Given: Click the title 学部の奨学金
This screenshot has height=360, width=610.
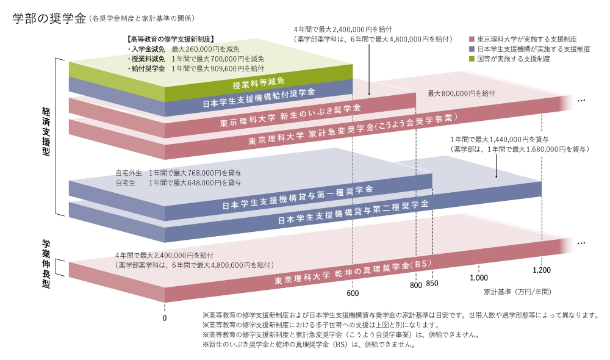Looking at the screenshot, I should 49,18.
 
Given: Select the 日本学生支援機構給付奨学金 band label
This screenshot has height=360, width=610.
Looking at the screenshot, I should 259,98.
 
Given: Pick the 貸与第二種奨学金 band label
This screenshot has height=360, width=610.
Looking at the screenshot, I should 353,211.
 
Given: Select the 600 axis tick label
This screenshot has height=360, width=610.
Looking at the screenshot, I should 353,293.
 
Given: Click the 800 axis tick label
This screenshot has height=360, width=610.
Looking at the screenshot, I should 416,285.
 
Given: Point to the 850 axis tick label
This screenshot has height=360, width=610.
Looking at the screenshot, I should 432,283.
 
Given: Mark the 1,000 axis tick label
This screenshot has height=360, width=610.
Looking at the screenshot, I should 479,278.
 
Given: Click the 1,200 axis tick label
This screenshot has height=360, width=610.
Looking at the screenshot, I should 541,270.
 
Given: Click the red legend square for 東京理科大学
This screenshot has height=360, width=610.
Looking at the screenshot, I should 472,38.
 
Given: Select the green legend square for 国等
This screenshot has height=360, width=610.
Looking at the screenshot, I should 472,59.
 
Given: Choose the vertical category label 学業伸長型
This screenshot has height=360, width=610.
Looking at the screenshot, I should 46,265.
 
